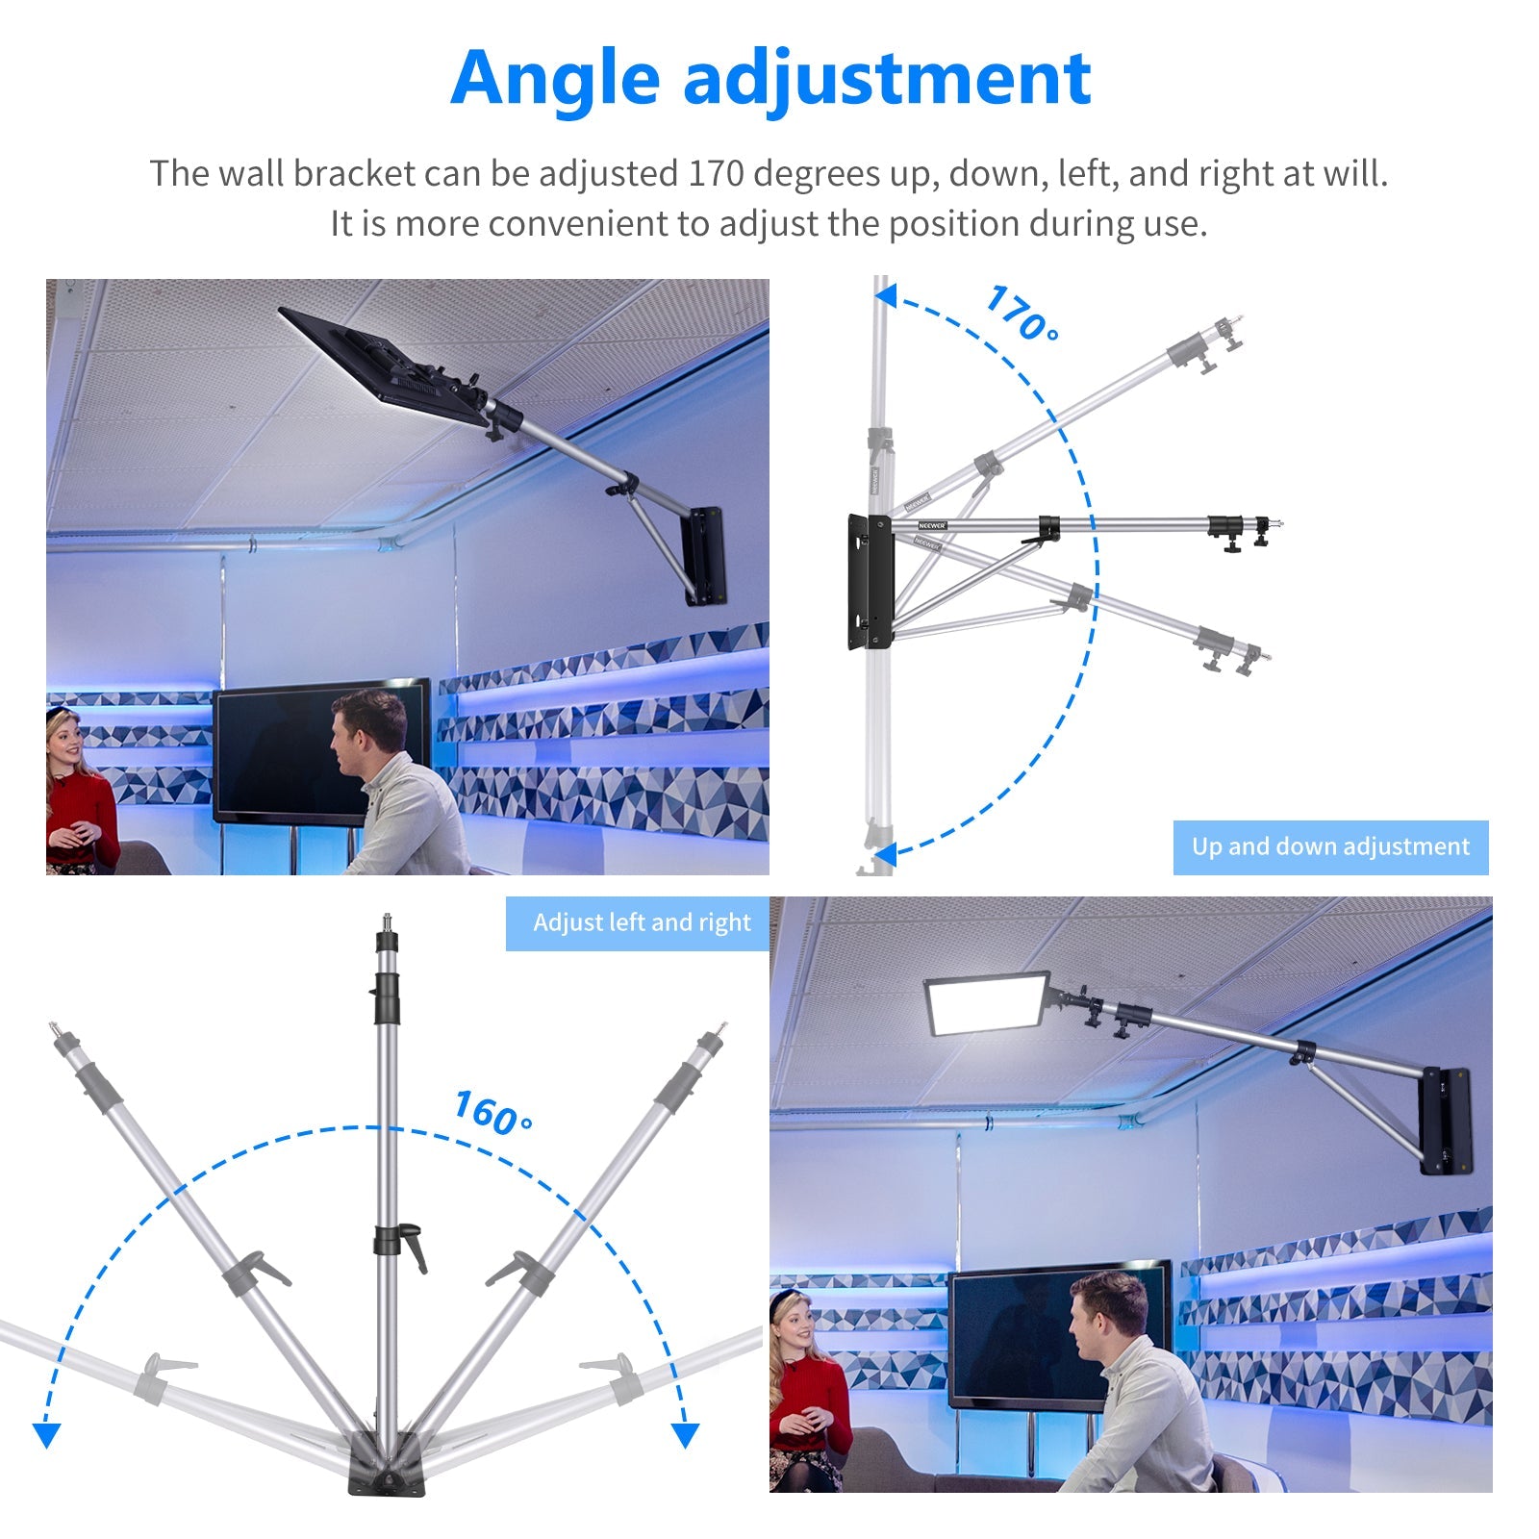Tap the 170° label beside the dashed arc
1022,314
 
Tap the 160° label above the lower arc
492,1113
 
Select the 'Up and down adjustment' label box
1330,847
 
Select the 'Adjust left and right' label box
642,923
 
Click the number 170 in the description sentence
716,174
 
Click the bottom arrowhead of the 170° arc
885,852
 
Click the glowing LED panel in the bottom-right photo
985,1003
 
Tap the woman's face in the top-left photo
63,740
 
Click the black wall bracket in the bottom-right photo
1446,1121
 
